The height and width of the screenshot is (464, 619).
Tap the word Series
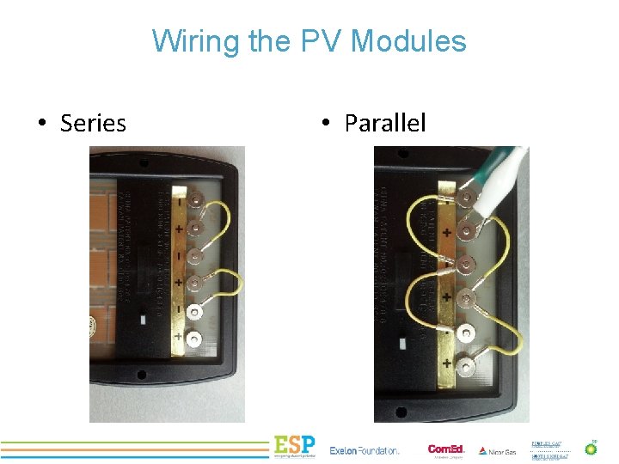(x=93, y=124)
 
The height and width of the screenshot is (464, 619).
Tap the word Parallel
(x=384, y=124)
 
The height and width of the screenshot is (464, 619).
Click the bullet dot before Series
(x=41, y=124)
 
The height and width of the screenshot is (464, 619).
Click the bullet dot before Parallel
(x=326, y=124)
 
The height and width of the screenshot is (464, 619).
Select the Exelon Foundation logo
(x=365, y=450)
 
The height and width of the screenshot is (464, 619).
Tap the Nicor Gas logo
(x=498, y=450)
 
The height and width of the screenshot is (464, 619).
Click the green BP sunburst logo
(x=591, y=448)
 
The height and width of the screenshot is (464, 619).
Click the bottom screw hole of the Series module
(x=141, y=375)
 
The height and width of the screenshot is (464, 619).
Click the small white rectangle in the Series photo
(x=144, y=317)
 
